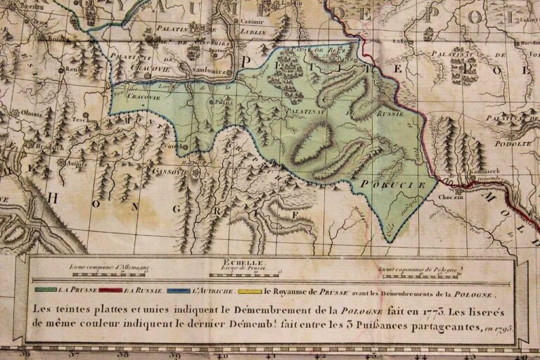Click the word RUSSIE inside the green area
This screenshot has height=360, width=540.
386,112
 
